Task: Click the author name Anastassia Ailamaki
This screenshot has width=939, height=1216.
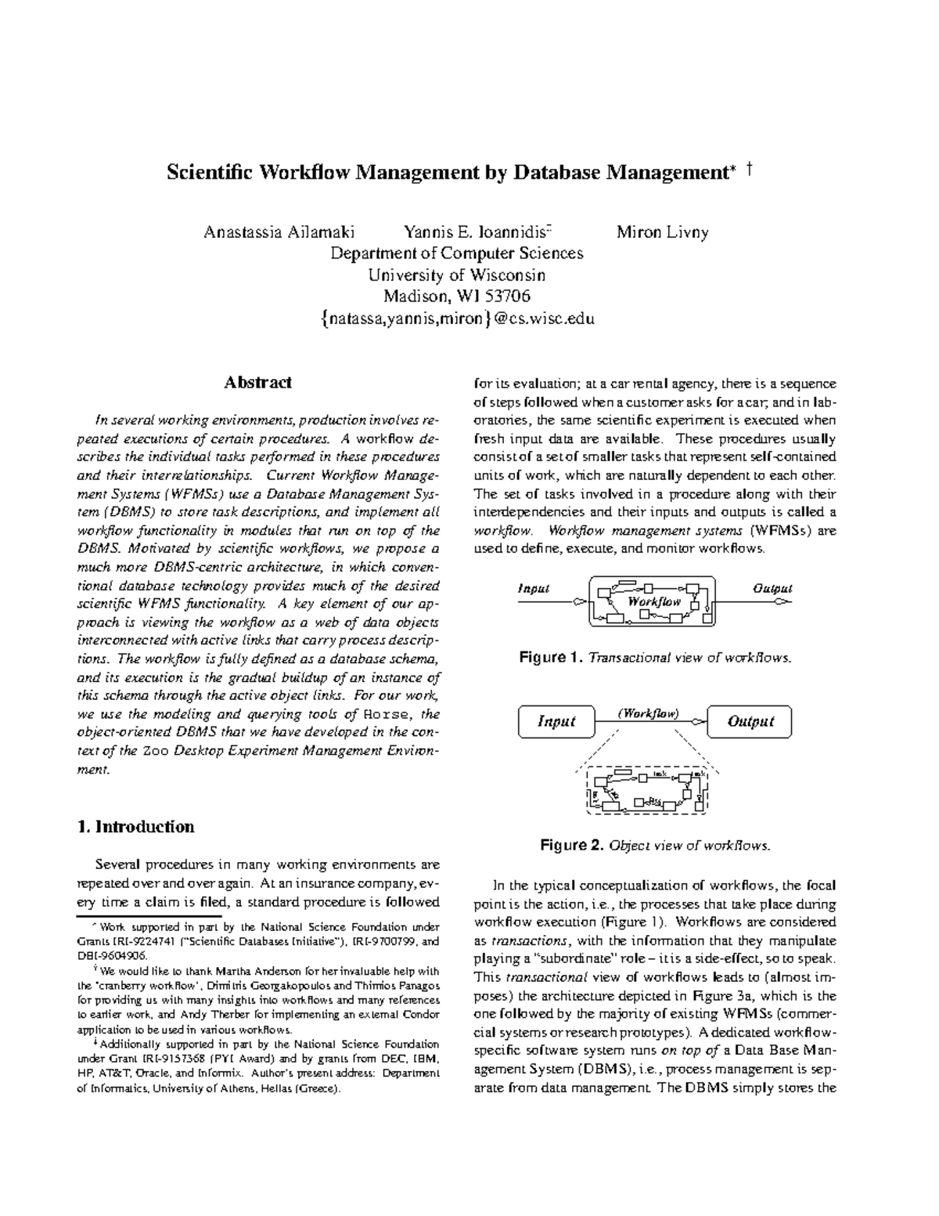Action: [x=279, y=233]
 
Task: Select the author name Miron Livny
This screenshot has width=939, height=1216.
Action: [x=662, y=233]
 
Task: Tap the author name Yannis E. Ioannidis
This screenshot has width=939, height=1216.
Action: [x=477, y=233]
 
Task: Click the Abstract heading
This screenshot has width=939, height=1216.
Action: [x=257, y=382]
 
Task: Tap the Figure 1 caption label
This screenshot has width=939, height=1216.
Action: [x=551, y=658]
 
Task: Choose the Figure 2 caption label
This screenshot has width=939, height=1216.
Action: [x=572, y=846]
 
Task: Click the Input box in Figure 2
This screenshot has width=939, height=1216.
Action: [x=556, y=722]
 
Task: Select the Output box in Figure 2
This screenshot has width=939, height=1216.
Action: [x=750, y=722]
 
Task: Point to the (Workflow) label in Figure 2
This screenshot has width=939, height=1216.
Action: [x=648, y=713]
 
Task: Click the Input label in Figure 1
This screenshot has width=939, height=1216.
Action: [x=534, y=588]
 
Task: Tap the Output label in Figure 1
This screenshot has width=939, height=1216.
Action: [x=772, y=588]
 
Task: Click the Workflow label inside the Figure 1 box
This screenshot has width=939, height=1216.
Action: [x=654, y=601]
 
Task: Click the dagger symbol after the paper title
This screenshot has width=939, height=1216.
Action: [x=750, y=170]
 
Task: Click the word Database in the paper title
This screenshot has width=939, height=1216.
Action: [x=556, y=172]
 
